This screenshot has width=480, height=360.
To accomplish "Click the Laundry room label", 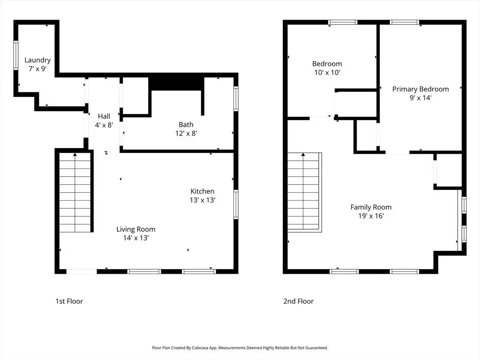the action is point(37,60).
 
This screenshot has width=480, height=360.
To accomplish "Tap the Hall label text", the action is point(104,116).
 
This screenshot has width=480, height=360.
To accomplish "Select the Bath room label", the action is point(186,125).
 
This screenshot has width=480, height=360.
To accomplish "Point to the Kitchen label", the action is point(202,191).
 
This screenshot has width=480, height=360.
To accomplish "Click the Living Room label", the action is point(136,229).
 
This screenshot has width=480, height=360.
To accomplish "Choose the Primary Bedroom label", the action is point(420,89).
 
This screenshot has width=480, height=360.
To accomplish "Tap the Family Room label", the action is point(371,207).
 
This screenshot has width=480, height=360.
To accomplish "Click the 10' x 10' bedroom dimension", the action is point(327,73).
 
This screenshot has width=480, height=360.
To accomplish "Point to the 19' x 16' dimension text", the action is point(371,216).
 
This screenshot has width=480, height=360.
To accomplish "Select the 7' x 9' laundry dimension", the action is point(37,69).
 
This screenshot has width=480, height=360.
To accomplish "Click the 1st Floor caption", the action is point(69,301).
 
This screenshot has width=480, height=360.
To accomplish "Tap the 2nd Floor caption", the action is point(299,301).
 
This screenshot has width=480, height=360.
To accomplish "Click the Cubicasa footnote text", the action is point(240,348).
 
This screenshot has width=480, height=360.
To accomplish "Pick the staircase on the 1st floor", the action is point(75,193).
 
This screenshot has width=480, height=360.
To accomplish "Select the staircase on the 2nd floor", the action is point(304,192).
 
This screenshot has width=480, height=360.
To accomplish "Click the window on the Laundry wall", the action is point(16,55).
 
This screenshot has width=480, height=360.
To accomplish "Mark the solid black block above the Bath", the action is point(176,83).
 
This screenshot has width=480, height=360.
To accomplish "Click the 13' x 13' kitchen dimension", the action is point(202,200).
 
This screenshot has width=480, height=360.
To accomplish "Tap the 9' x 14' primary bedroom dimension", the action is point(420,98).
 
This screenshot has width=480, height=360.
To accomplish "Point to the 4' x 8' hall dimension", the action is point(104,125).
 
